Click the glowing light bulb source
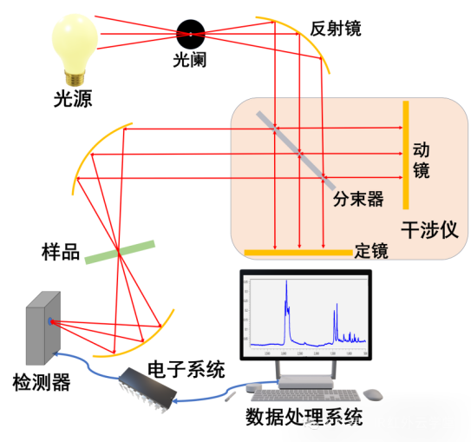(75, 39)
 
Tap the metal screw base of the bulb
(76, 77)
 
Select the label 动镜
(422, 160)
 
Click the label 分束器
(358, 199)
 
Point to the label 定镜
(371, 251)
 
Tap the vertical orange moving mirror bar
(405, 155)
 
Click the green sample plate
(121, 251)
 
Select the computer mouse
(373, 394)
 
